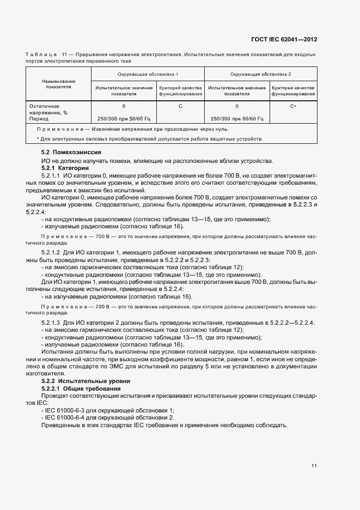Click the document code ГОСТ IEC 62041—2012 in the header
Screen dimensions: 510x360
coord(284,40)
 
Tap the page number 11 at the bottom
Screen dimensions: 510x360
coord(314,466)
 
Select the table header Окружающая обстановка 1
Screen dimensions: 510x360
coord(147,74)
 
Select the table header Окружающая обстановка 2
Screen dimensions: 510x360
coord(260,74)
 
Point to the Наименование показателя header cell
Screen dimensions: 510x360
coord(58,83)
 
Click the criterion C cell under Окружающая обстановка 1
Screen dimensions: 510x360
coord(180,106)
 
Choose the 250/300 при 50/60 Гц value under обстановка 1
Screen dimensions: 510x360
coord(124,119)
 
